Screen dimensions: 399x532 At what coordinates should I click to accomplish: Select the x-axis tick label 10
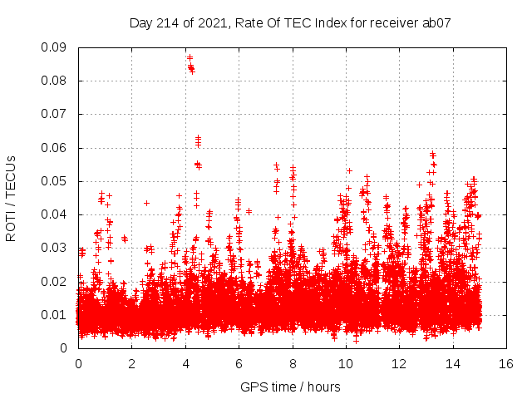(346, 363)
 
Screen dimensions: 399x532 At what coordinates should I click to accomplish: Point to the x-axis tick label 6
(239, 363)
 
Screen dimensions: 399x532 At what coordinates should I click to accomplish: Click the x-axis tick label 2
(131, 363)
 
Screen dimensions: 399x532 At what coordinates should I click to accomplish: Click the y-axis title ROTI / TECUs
(11, 198)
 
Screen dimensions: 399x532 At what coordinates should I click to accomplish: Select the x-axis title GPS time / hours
(291, 387)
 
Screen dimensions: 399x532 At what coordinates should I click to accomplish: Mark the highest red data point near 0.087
(190, 57)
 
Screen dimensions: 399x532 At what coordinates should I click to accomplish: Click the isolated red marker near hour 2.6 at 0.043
(146, 203)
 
